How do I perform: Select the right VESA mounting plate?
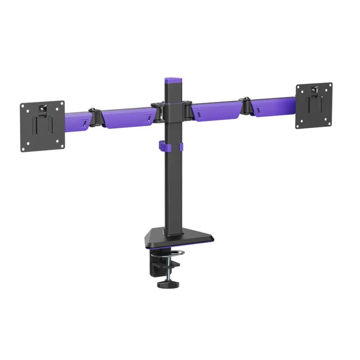coord(314,104)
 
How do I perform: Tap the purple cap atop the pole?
coord(173,80)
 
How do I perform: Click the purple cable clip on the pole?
coord(171,147)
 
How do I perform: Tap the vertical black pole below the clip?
coord(174,193)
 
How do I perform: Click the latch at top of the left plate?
coord(42,108)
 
